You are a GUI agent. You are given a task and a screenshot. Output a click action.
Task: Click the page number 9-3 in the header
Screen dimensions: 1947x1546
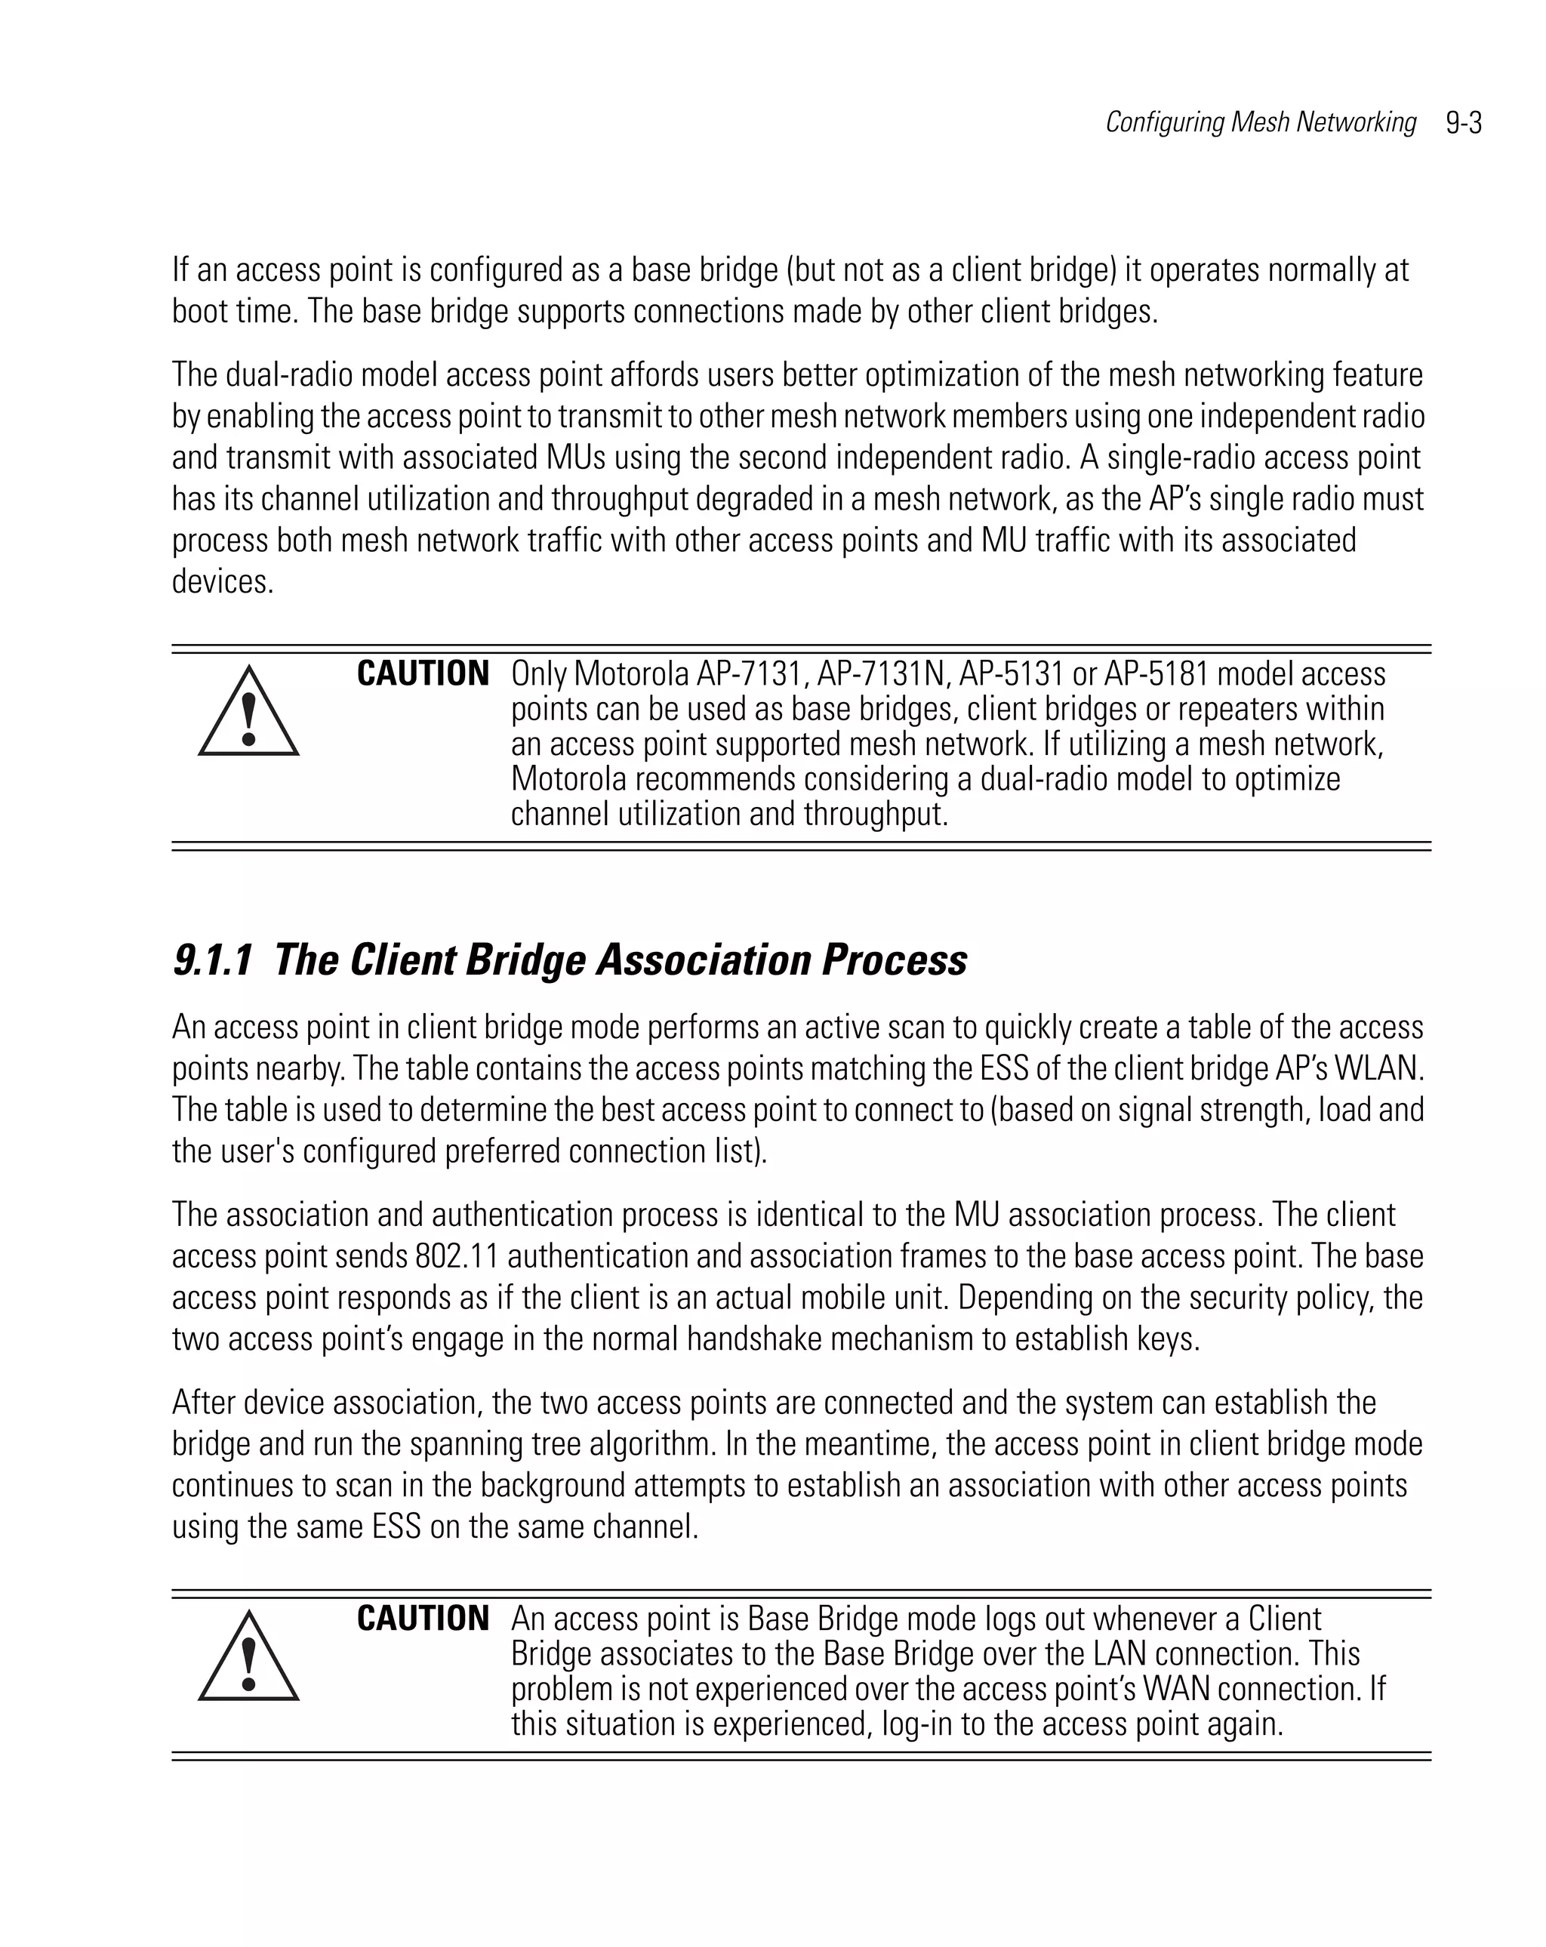point(1463,123)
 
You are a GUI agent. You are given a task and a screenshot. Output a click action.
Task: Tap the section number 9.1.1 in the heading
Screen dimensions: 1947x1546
point(212,960)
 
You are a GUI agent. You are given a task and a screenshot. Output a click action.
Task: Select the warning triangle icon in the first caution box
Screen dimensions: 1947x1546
point(248,713)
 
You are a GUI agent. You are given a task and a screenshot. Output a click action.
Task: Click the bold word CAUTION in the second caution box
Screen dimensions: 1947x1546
point(423,1619)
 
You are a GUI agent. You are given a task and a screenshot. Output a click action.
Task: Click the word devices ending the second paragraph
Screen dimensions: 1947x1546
point(221,581)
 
